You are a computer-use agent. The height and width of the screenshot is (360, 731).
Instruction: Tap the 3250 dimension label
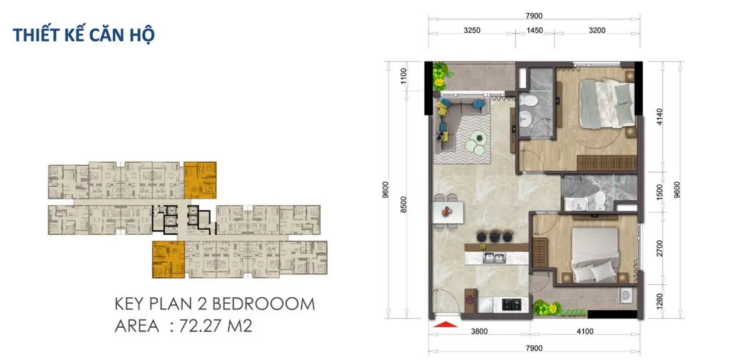473,31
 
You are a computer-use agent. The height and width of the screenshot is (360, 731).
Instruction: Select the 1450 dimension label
535,31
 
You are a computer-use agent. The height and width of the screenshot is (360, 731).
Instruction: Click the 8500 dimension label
404,205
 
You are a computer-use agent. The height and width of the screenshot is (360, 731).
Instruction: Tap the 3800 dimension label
479,332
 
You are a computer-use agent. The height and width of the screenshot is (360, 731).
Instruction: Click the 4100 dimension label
585,332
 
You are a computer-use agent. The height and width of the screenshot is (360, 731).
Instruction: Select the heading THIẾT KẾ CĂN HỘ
84,35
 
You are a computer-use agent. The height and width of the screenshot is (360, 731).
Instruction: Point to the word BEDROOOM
264,304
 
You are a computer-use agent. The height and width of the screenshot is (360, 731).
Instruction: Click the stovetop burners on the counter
513,304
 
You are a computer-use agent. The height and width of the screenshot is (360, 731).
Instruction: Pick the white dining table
449,211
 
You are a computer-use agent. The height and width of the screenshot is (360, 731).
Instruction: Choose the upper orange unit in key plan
200,180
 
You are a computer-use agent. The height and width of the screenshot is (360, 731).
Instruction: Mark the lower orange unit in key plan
168,259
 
